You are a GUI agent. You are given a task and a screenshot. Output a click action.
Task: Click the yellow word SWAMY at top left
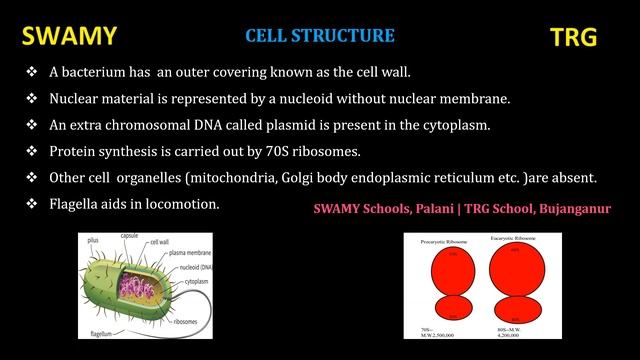pyautogui.click(x=69, y=38)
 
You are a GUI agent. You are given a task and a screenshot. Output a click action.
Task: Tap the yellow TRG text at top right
pyautogui.click(x=574, y=39)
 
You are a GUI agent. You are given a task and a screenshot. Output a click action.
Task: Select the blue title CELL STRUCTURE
pyautogui.click(x=320, y=37)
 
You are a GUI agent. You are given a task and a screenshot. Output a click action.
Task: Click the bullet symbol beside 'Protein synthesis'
pyautogui.click(x=31, y=152)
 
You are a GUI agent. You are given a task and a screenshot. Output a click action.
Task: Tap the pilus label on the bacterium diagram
pyautogui.click(x=92, y=241)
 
